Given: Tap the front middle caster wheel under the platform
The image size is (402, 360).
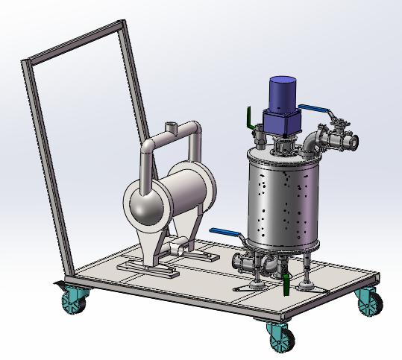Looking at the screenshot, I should [278, 338].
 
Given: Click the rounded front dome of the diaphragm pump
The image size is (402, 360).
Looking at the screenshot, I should [145, 206].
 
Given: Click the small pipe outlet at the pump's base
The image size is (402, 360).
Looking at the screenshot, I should [178, 247].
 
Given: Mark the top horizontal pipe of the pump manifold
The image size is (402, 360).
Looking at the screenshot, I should [175, 138].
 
